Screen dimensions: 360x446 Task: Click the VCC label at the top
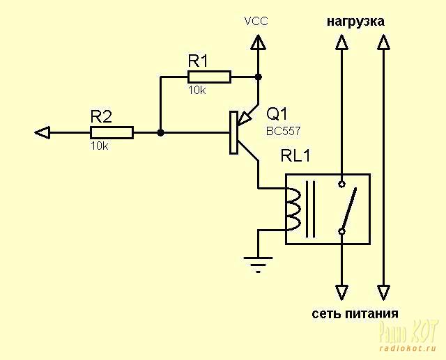[x=256, y=21]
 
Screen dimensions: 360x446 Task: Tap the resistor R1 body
[x=209, y=77]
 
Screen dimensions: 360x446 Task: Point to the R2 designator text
[x=101, y=116]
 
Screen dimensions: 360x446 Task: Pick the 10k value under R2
[x=100, y=146]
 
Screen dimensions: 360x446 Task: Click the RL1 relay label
[x=295, y=157]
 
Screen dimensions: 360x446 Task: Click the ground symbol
[x=258, y=263]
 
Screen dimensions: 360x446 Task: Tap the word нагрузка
[x=355, y=22]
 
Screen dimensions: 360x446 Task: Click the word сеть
[x=325, y=313]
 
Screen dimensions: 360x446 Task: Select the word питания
[x=369, y=313]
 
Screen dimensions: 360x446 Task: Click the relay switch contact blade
[x=349, y=208]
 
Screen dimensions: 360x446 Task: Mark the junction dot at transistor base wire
[x=160, y=132]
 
